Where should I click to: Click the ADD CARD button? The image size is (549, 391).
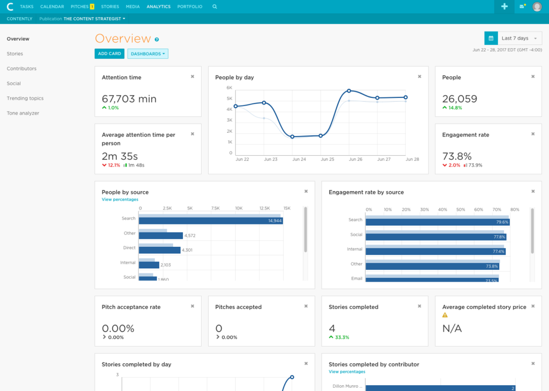point(109,54)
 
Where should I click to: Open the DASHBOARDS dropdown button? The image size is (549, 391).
point(148,54)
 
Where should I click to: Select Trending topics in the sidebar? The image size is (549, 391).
point(25,98)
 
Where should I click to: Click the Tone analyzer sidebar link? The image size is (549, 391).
point(23,114)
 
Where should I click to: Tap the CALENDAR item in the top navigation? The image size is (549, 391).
point(52,6)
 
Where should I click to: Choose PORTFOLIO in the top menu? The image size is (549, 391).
point(190,6)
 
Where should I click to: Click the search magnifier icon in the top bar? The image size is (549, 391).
point(214,6)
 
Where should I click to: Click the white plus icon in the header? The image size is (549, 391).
point(505,6)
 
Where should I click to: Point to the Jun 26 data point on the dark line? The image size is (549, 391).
point(349,91)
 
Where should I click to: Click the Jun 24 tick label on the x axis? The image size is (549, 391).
point(299,159)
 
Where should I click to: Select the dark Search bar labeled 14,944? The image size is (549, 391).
point(211,221)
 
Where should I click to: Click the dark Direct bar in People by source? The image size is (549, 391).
point(160,250)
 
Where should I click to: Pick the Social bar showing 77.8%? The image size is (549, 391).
point(436,237)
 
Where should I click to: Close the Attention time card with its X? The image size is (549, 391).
point(192,77)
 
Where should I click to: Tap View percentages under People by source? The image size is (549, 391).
point(120,199)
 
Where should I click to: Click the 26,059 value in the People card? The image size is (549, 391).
point(459,99)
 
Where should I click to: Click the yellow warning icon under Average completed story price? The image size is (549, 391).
point(445,315)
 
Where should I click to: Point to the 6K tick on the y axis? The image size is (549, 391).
point(229,88)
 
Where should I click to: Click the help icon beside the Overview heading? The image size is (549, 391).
point(157,40)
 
